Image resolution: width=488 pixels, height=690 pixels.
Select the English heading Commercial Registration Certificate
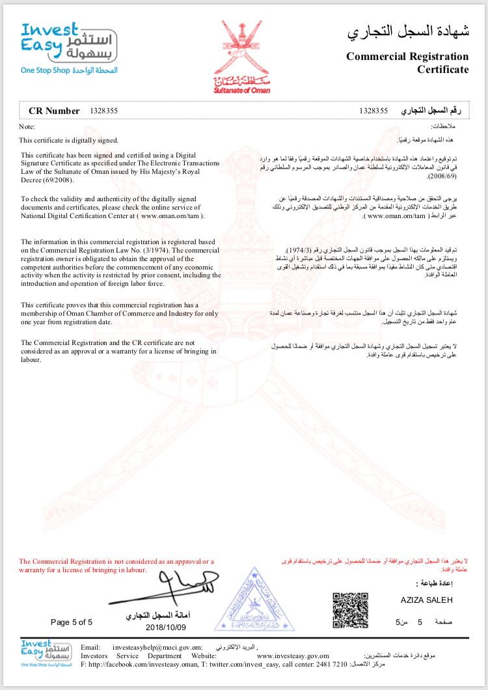click(x=407, y=62)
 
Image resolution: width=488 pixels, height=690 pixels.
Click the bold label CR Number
click(x=55, y=111)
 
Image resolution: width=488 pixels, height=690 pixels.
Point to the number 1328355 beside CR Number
click(x=103, y=111)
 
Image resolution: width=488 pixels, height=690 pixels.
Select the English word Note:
click(x=27, y=126)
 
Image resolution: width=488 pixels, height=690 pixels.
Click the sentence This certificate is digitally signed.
click(x=69, y=140)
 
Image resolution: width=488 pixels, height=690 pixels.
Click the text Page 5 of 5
click(x=72, y=622)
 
